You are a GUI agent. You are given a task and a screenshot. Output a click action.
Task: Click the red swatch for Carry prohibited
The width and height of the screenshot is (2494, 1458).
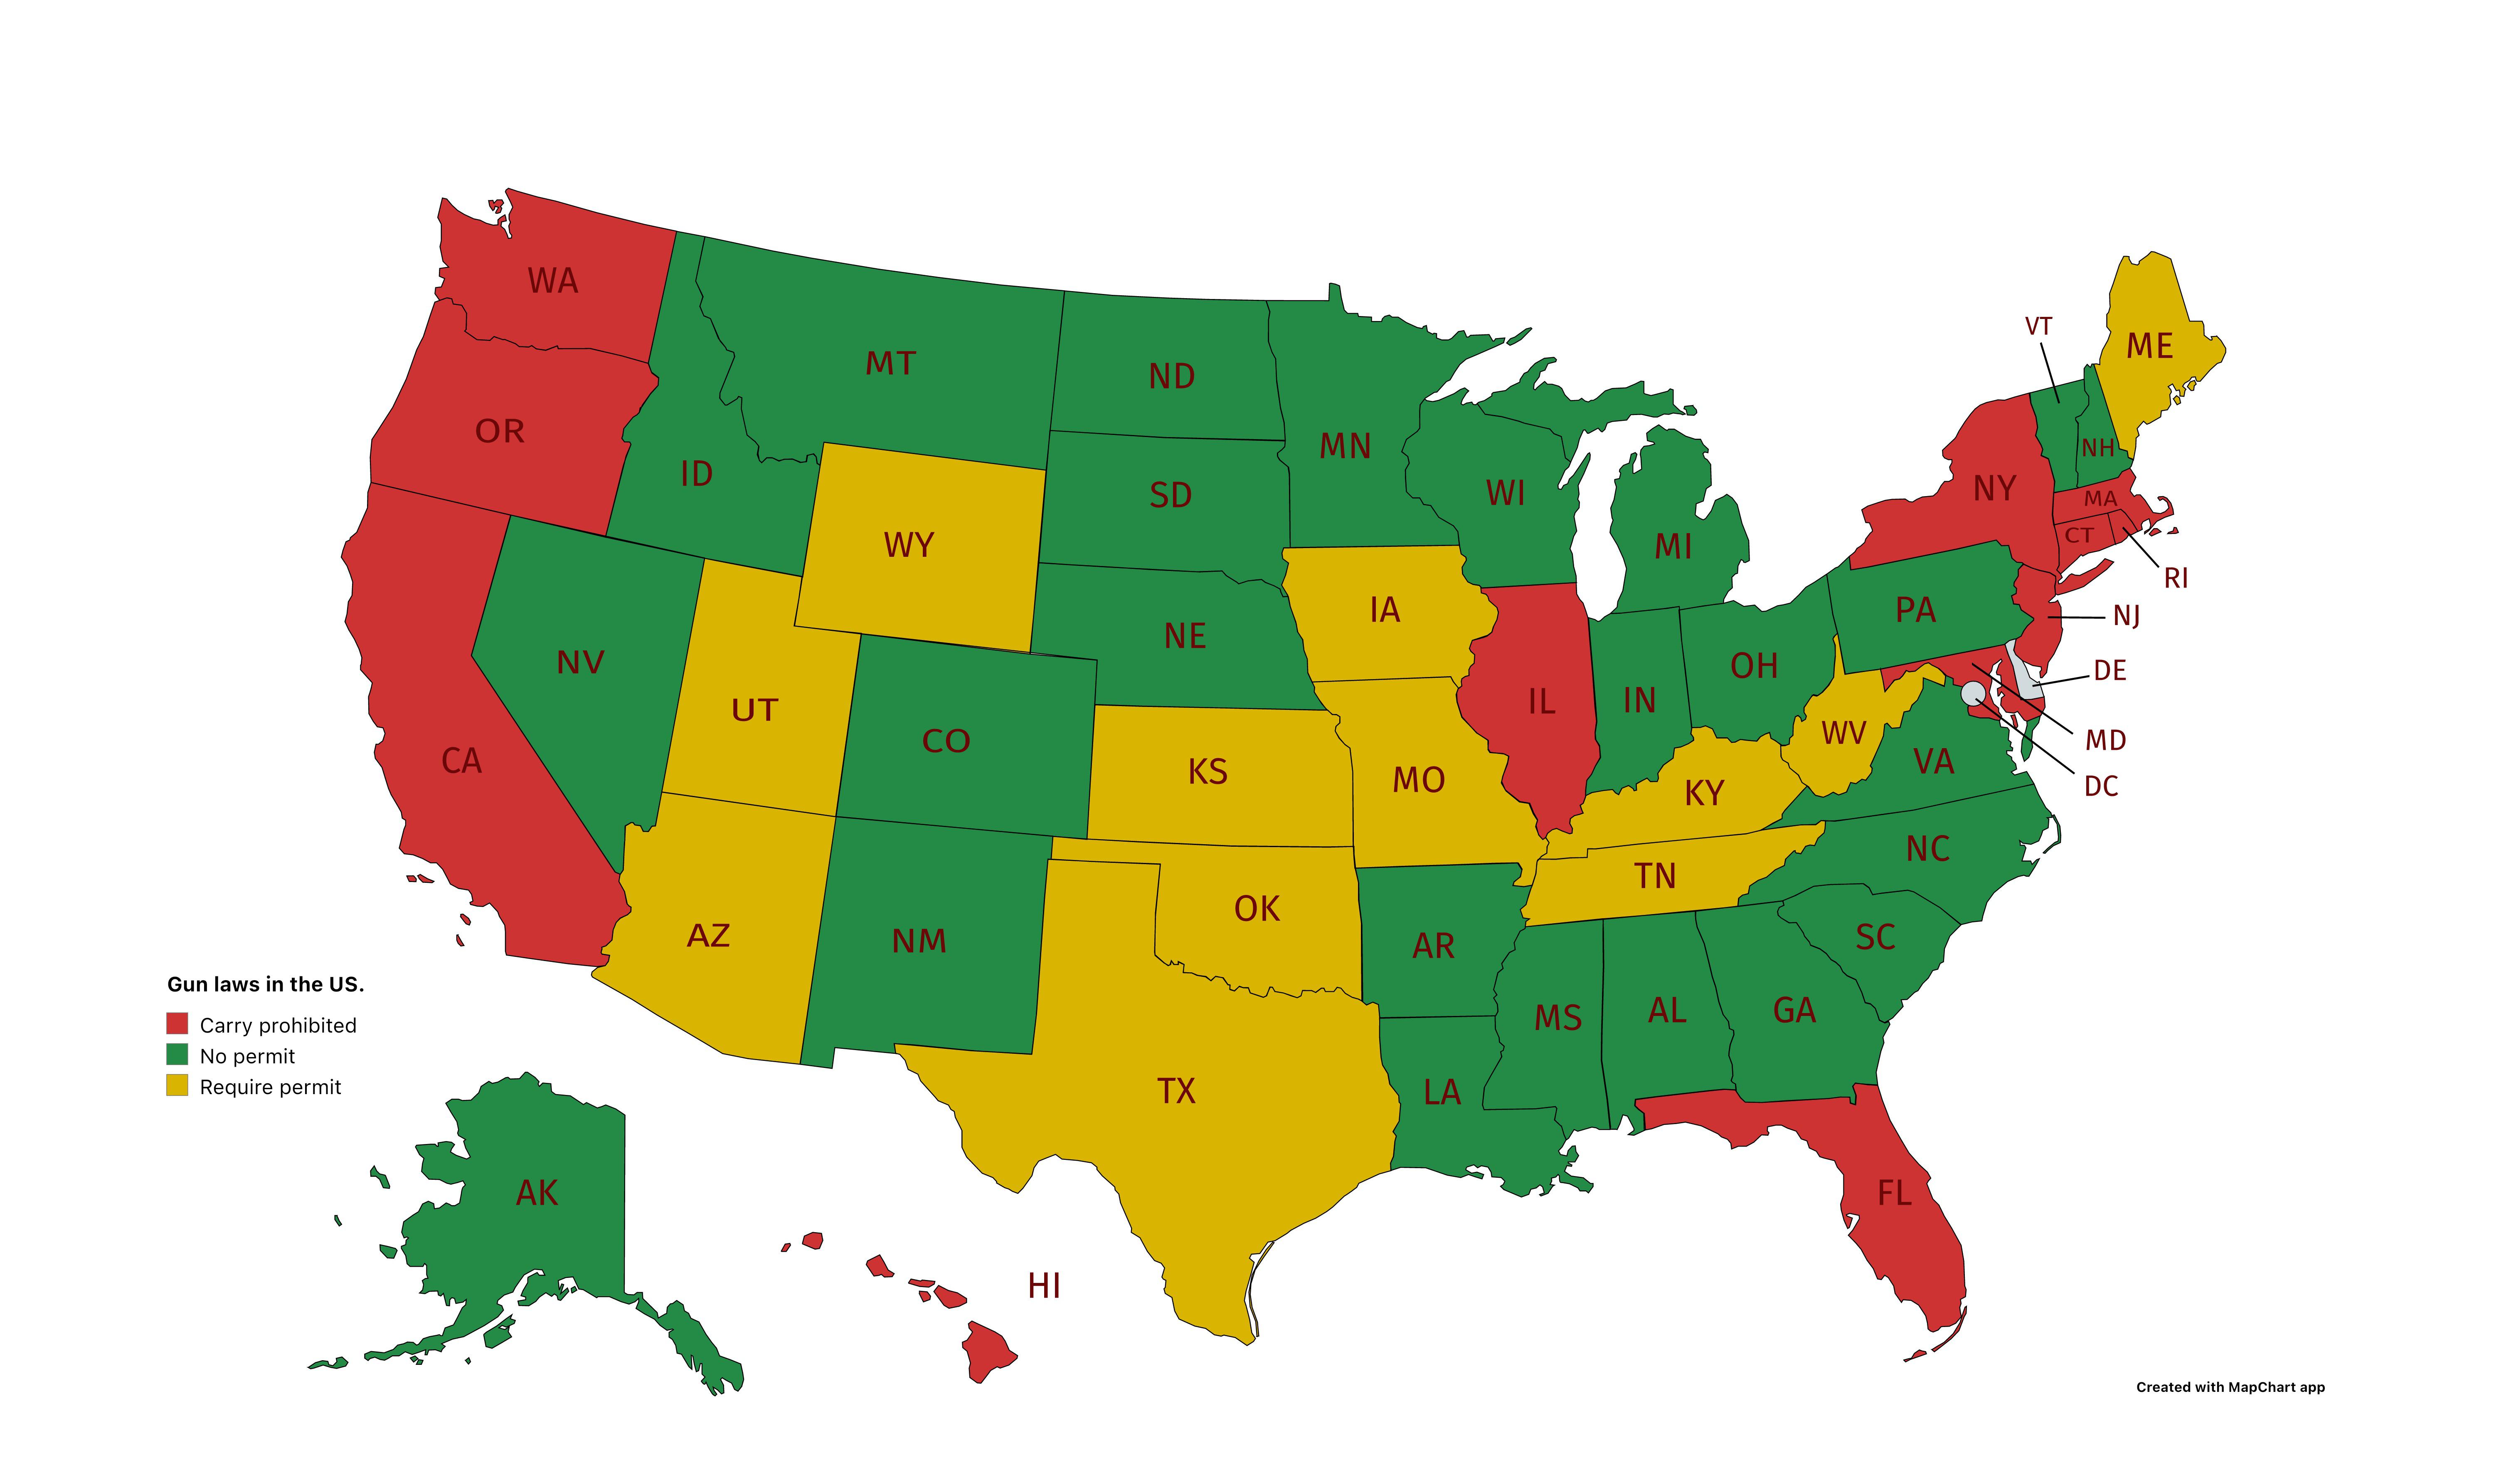pos(177,1023)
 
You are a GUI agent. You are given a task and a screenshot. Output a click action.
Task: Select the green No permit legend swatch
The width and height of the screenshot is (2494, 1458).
pos(177,1054)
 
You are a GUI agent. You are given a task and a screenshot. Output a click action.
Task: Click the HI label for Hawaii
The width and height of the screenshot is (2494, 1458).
pos(1044,1286)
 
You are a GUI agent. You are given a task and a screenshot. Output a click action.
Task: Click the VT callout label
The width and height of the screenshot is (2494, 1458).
pos(2039,326)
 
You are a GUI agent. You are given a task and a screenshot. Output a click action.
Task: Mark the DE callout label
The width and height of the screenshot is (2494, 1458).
pos(2110,671)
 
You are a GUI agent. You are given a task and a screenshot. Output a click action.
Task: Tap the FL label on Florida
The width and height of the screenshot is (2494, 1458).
pos(1894,1194)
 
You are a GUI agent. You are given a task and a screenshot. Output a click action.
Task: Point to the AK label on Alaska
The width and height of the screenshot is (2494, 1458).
pos(537,1193)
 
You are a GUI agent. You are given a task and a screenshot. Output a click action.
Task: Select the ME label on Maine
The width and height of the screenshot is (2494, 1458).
pos(2149,346)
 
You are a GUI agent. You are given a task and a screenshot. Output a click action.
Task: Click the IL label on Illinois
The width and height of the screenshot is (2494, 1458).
pos(1542,702)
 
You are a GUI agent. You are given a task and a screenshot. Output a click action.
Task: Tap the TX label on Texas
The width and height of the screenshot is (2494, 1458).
pos(1177,1091)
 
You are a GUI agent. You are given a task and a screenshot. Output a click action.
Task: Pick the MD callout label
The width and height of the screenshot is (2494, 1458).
pos(2105,740)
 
